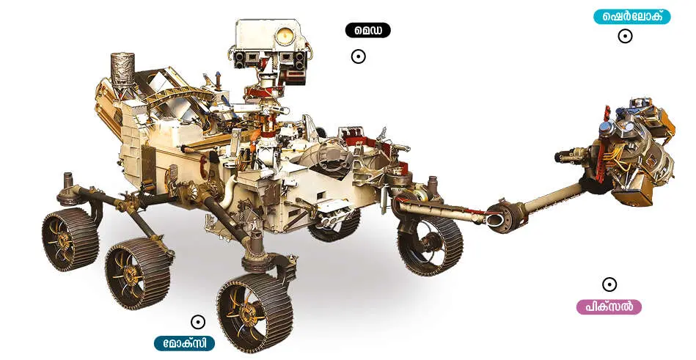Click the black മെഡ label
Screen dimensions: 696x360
point(367,30)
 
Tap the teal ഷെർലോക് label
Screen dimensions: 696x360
point(631,17)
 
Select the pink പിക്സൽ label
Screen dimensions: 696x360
point(609,306)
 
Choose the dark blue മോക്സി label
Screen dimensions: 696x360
point(184,343)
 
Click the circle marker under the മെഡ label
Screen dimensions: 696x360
point(358,56)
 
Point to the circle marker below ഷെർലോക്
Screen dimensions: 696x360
point(625,36)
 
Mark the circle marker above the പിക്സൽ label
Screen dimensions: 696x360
point(609,284)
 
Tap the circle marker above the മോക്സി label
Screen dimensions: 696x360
point(198,322)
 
